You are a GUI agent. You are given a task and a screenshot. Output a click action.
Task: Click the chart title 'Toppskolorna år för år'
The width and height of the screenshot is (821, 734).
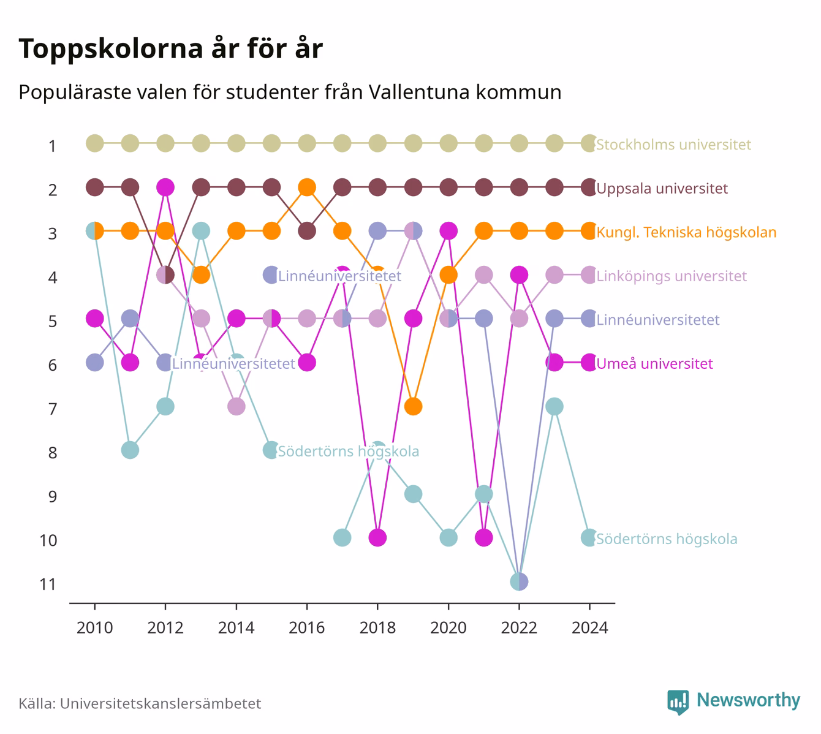tap(170, 49)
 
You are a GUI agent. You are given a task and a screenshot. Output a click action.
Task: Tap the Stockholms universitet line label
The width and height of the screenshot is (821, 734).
tap(673, 144)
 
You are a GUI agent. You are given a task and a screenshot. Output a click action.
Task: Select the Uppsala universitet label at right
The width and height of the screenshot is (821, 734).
tap(662, 189)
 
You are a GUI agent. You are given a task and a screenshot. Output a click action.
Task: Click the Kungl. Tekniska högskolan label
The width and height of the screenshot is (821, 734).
tap(686, 232)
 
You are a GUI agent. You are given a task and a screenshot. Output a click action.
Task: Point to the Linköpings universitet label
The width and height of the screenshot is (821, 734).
tap(672, 276)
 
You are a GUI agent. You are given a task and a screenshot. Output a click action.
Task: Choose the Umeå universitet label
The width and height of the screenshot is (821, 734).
tap(654, 363)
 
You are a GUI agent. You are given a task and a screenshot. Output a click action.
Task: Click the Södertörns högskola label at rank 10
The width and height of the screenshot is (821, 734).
tap(667, 539)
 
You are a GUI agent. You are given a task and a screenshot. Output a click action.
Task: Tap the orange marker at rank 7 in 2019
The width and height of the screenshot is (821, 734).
tap(413, 406)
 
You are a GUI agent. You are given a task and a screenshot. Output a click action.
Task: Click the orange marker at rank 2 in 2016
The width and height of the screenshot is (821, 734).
tap(307, 187)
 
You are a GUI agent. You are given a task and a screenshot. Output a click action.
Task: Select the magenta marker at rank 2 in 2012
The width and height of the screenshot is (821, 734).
tap(165, 187)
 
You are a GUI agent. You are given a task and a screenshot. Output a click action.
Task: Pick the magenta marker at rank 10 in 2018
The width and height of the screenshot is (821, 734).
tap(377, 538)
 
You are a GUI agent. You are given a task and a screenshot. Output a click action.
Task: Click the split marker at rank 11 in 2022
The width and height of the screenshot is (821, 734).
tap(519, 582)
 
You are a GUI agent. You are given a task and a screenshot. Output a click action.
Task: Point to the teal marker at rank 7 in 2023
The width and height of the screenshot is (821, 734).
tap(554, 406)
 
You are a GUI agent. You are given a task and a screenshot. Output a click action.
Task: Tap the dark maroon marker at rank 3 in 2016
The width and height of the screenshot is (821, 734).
tap(307, 231)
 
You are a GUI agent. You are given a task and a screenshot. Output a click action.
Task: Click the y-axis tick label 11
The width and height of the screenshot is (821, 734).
tap(48, 585)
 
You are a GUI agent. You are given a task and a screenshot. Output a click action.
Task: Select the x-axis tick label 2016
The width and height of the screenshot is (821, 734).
tap(307, 628)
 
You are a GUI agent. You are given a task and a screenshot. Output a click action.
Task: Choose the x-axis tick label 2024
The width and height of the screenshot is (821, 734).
tap(589, 628)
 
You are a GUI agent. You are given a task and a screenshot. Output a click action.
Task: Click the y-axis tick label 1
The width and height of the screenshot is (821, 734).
tap(52, 146)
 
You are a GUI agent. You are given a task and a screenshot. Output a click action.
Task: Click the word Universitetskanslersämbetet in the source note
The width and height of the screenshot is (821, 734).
tap(161, 704)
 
